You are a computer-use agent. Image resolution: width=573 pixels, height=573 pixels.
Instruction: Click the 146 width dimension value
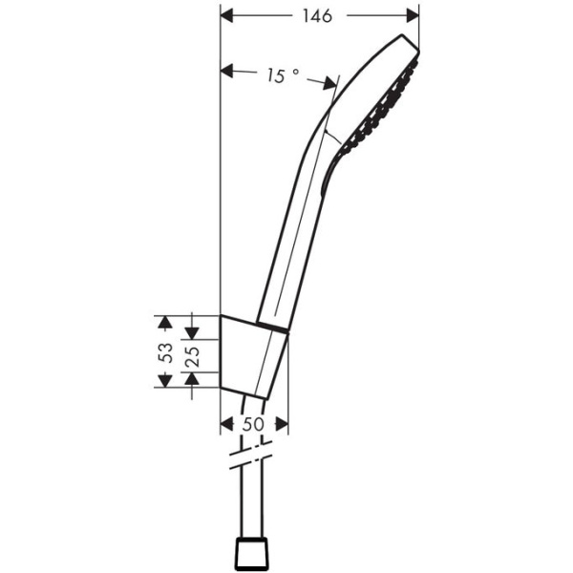320,16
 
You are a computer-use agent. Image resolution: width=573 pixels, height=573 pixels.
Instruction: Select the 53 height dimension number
165,350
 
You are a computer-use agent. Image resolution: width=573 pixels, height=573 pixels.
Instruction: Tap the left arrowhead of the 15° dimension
227,69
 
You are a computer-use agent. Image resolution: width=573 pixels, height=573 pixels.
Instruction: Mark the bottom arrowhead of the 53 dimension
165,380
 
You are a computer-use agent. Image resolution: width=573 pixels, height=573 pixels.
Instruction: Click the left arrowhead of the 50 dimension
226,424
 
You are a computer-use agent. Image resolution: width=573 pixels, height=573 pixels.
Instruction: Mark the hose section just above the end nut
252,506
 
